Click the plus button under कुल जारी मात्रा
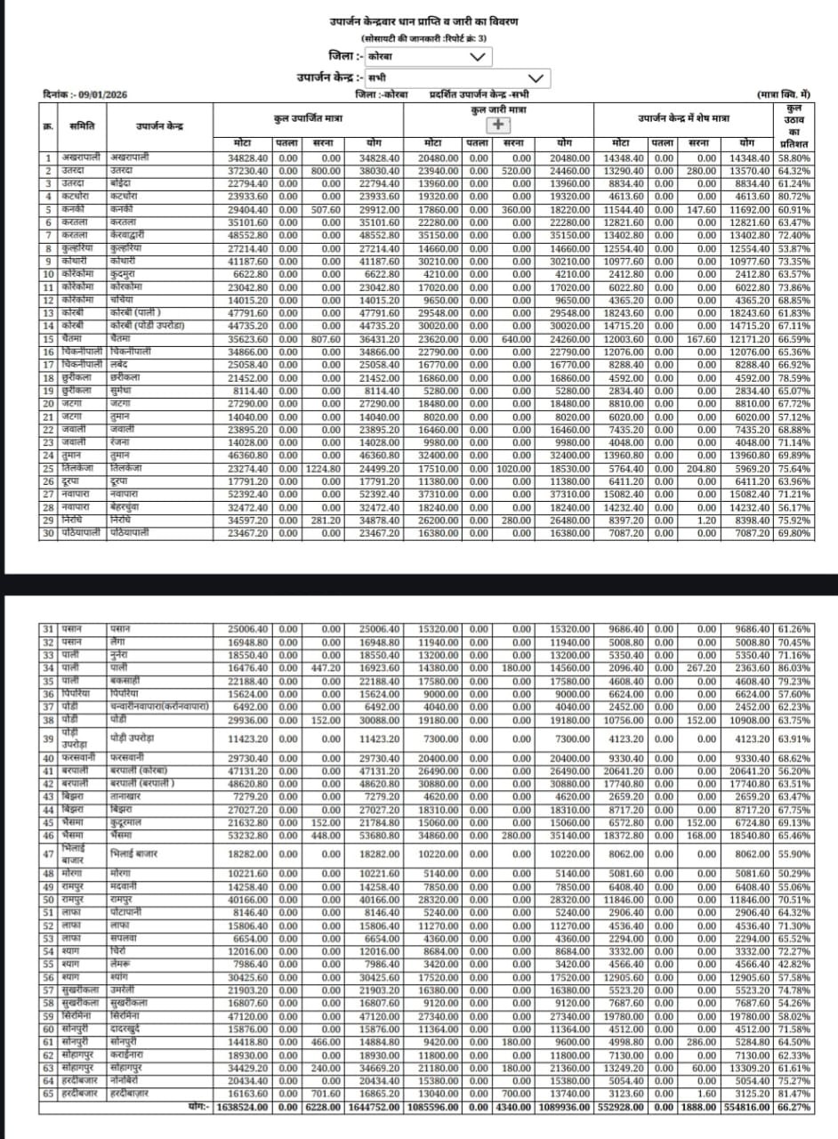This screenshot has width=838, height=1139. click(498, 125)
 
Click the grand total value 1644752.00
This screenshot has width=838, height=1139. click(374, 1107)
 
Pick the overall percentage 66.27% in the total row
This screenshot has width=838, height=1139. click(794, 1107)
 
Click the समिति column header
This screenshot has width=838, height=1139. click(82, 126)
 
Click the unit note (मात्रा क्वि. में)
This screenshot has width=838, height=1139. click(783, 93)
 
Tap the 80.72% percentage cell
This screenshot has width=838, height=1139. click(794, 196)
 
